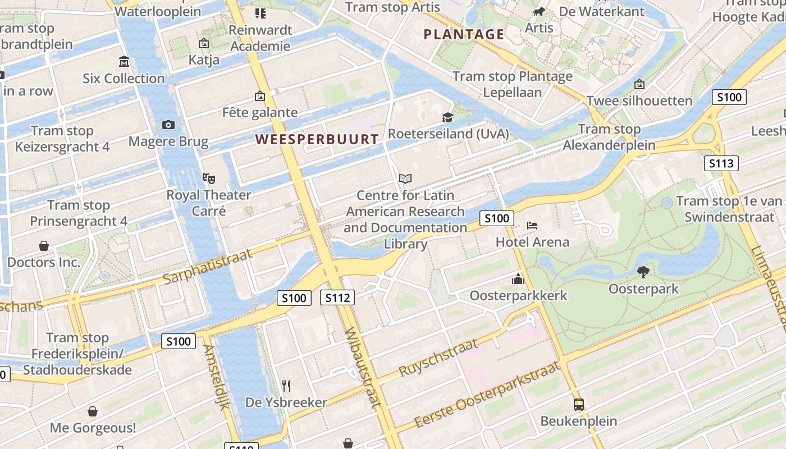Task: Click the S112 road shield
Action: tap(337, 297)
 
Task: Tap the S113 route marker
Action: tap(721, 163)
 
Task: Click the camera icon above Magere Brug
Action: tap(168, 125)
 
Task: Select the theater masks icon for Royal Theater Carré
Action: tap(209, 178)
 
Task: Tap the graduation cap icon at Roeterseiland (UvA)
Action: tap(447, 117)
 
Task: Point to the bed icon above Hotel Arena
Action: tap(532, 226)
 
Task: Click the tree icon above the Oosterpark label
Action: tap(643, 272)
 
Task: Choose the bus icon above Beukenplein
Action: tap(578, 404)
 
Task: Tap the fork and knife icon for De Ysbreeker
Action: tap(286, 386)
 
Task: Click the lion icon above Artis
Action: tap(539, 12)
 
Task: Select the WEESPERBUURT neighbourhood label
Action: tap(317, 139)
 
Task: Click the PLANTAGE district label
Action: tap(464, 34)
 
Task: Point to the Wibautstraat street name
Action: tap(363, 367)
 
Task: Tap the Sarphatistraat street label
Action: tap(207, 267)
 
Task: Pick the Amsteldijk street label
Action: tap(216, 377)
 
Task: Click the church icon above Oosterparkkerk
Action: tap(518, 278)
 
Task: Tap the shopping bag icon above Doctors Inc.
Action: tap(44, 246)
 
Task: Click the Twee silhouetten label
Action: tap(639, 101)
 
